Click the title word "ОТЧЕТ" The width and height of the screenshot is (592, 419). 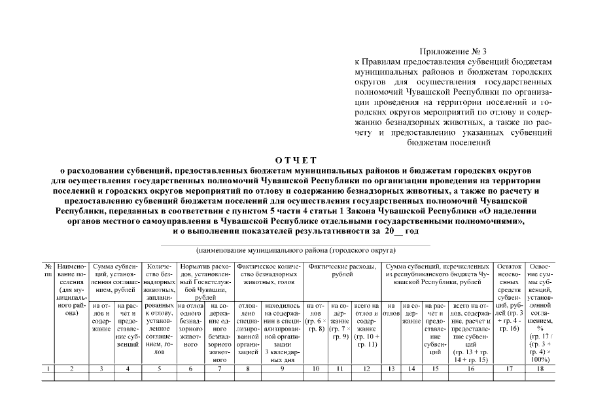[x=296, y=160]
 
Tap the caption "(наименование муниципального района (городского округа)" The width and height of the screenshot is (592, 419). [x=296, y=250]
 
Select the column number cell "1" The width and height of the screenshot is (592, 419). [x=48, y=369]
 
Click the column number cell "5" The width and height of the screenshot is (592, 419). [x=160, y=369]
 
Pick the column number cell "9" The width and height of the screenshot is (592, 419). [x=281, y=369]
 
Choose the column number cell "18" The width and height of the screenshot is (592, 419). [x=540, y=369]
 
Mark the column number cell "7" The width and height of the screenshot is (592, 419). [x=220, y=369]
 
